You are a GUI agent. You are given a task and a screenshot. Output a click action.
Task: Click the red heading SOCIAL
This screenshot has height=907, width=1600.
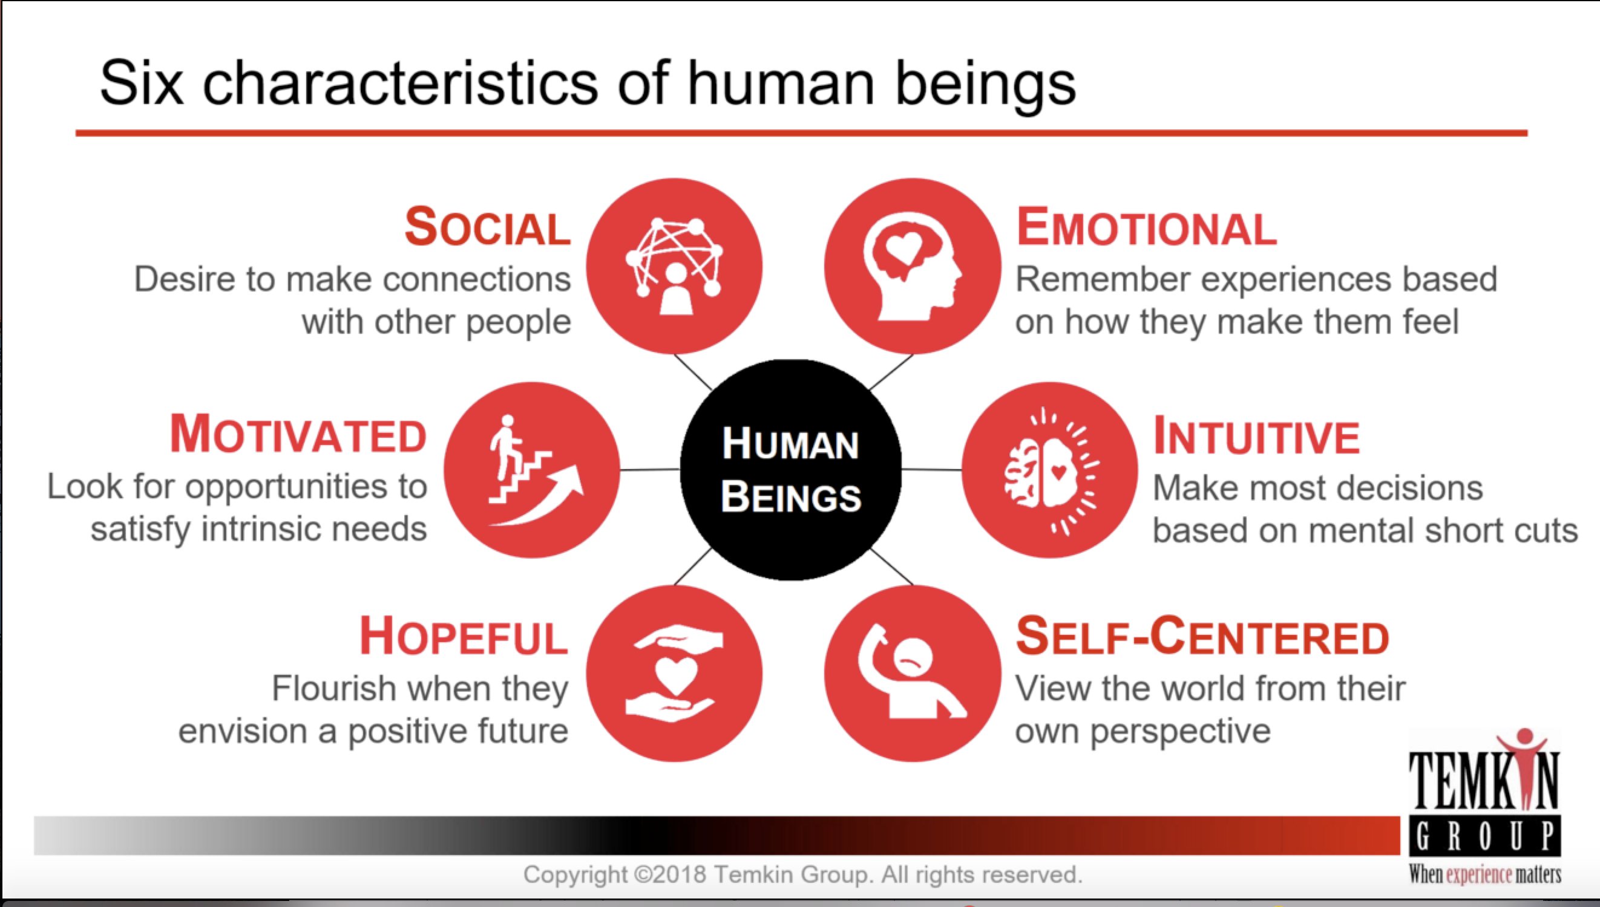tap(487, 227)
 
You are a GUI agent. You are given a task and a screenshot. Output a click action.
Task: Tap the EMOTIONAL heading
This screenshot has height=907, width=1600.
tap(1146, 227)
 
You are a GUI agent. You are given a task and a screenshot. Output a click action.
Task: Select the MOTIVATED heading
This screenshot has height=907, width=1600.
tap(298, 434)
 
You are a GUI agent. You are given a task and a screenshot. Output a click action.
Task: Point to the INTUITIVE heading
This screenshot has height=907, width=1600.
tap(1256, 435)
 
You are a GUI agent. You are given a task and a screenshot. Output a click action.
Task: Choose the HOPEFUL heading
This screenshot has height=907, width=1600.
tap(463, 637)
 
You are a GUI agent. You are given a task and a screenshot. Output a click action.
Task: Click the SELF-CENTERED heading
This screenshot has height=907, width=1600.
tap(1202, 637)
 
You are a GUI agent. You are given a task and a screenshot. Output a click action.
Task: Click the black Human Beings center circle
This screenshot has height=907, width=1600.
tap(790, 470)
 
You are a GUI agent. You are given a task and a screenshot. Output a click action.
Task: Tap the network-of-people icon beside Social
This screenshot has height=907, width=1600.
tap(674, 266)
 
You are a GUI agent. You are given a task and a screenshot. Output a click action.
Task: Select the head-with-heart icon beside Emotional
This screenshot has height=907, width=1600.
tap(913, 266)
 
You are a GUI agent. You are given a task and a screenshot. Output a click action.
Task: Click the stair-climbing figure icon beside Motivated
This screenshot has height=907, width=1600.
tap(532, 470)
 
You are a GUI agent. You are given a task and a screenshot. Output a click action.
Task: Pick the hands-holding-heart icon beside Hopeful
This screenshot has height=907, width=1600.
tap(674, 674)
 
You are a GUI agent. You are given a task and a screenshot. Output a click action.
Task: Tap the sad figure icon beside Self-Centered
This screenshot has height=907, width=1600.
tap(913, 674)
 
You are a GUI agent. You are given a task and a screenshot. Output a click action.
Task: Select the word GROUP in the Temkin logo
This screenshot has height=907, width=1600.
tap(1484, 839)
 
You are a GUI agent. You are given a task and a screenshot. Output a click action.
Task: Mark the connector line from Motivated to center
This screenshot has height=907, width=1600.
tap(649, 470)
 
